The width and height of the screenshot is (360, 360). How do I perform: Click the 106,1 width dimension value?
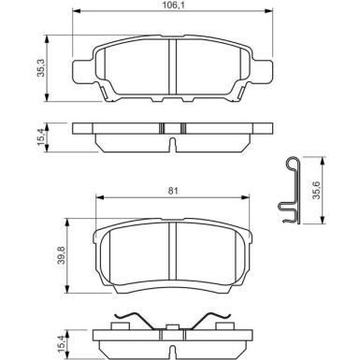click(174, 7)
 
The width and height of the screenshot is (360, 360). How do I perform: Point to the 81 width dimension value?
click(174, 192)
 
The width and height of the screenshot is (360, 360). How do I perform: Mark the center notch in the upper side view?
click(174, 143)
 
